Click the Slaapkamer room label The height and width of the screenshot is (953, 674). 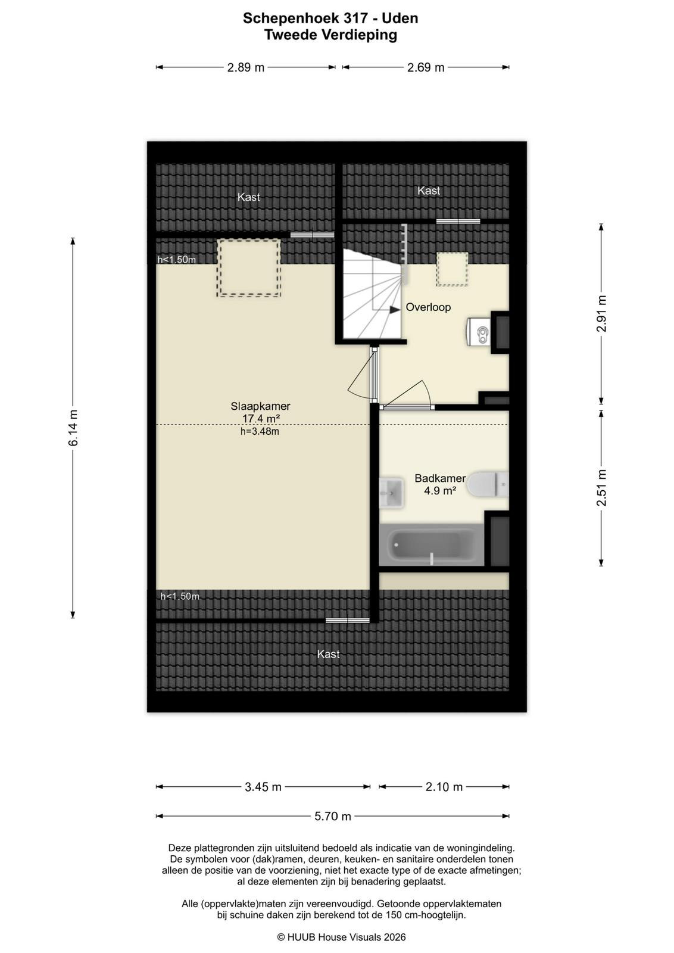[x=260, y=406]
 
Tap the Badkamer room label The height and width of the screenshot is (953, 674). [x=439, y=478]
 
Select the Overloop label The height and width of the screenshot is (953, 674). [x=428, y=307]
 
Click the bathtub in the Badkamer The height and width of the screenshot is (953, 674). [x=431, y=544]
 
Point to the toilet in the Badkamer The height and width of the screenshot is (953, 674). [x=487, y=484]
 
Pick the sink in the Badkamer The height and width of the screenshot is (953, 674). [x=391, y=493]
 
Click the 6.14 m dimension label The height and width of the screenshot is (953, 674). [x=74, y=428]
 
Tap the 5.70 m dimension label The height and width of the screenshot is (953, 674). [x=333, y=816]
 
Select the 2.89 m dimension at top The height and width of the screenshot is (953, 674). [x=246, y=67]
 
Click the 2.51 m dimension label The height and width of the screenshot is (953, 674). [x=601, y=488]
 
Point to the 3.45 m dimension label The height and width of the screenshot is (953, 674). [x=263, y=787]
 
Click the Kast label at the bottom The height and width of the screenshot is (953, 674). [x=328, y=654]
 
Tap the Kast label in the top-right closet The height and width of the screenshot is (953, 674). [x=428, y=191]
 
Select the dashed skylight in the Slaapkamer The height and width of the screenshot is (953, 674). [x=249, y=268]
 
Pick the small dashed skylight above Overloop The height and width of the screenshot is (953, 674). [x=453, y=269]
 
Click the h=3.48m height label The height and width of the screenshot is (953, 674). [x=260, y=431]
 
